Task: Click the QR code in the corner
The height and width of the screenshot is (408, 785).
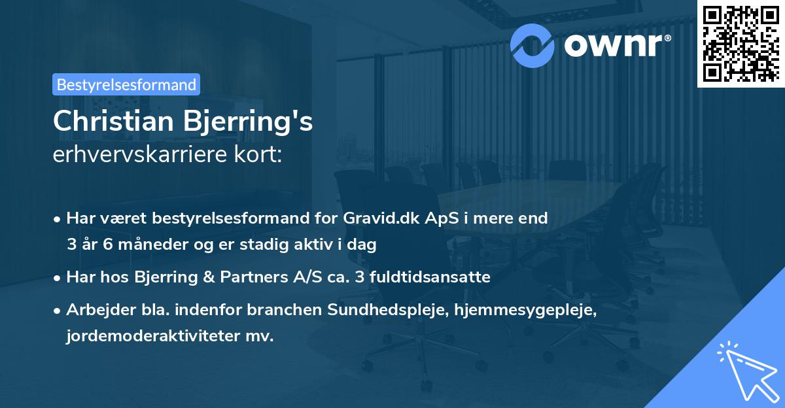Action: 741,43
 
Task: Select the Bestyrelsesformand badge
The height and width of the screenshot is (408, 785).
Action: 126,84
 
